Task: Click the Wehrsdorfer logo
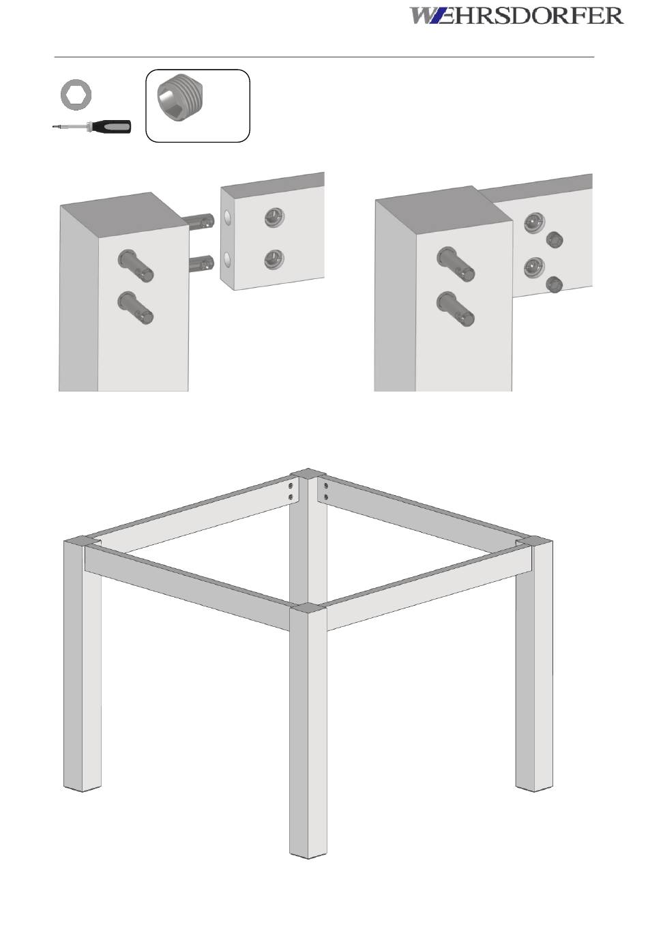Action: [516, 16]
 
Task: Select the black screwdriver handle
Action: [112, 126]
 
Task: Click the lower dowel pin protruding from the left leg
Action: [201, 263]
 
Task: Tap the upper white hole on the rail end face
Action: [227, 217]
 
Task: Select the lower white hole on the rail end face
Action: [227, 260]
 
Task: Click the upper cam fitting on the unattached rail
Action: [274, 218]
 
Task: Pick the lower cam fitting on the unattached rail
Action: [274, 259]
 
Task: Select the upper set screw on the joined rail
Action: [554, 239]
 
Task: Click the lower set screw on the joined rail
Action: [554, 284]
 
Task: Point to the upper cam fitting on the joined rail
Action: [534, 222]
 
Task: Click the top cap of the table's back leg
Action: [308, 473]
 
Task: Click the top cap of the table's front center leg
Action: [308, 607]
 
